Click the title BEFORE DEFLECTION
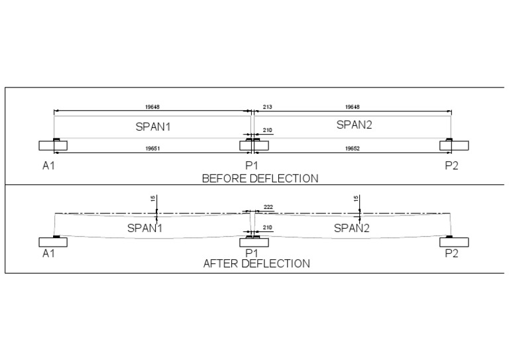(260, 178)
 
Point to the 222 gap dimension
(268, 208)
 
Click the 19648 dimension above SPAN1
(153, 106)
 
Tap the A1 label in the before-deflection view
(48, 166)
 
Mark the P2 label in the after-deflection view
(451, 253)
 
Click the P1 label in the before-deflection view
(251, 166)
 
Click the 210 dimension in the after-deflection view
(268, 228)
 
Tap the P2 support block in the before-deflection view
(454, 146)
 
